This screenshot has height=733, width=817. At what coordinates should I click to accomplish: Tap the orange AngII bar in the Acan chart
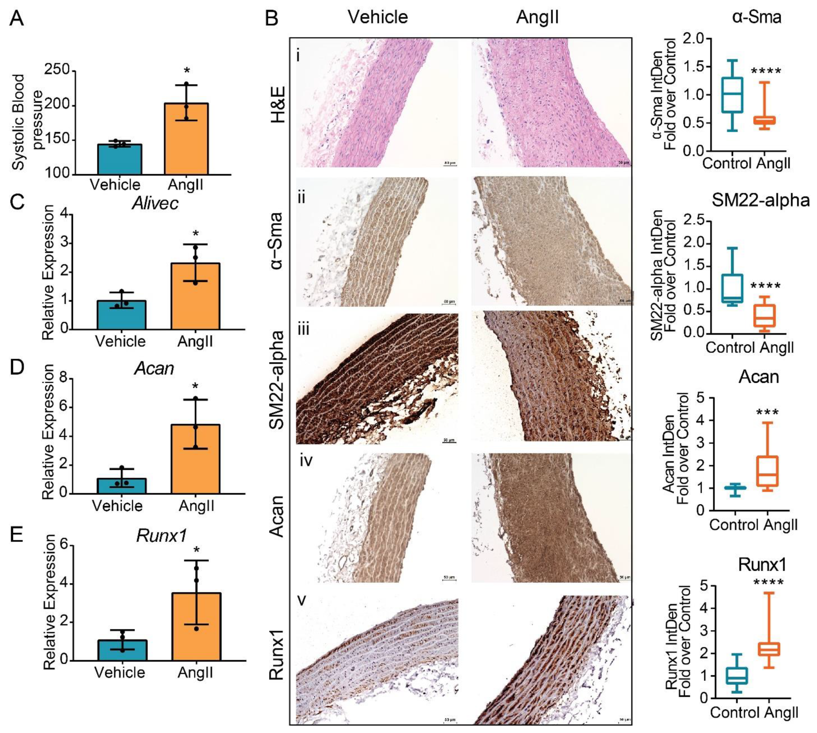coord(195,459)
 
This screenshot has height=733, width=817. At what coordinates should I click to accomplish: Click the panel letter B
coord(272,18)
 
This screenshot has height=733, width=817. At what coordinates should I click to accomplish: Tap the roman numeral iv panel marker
coord(306,460)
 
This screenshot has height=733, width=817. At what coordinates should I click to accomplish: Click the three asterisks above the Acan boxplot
coord(767,412)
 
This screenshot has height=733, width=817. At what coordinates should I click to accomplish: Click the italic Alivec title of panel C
coord(155,204)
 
